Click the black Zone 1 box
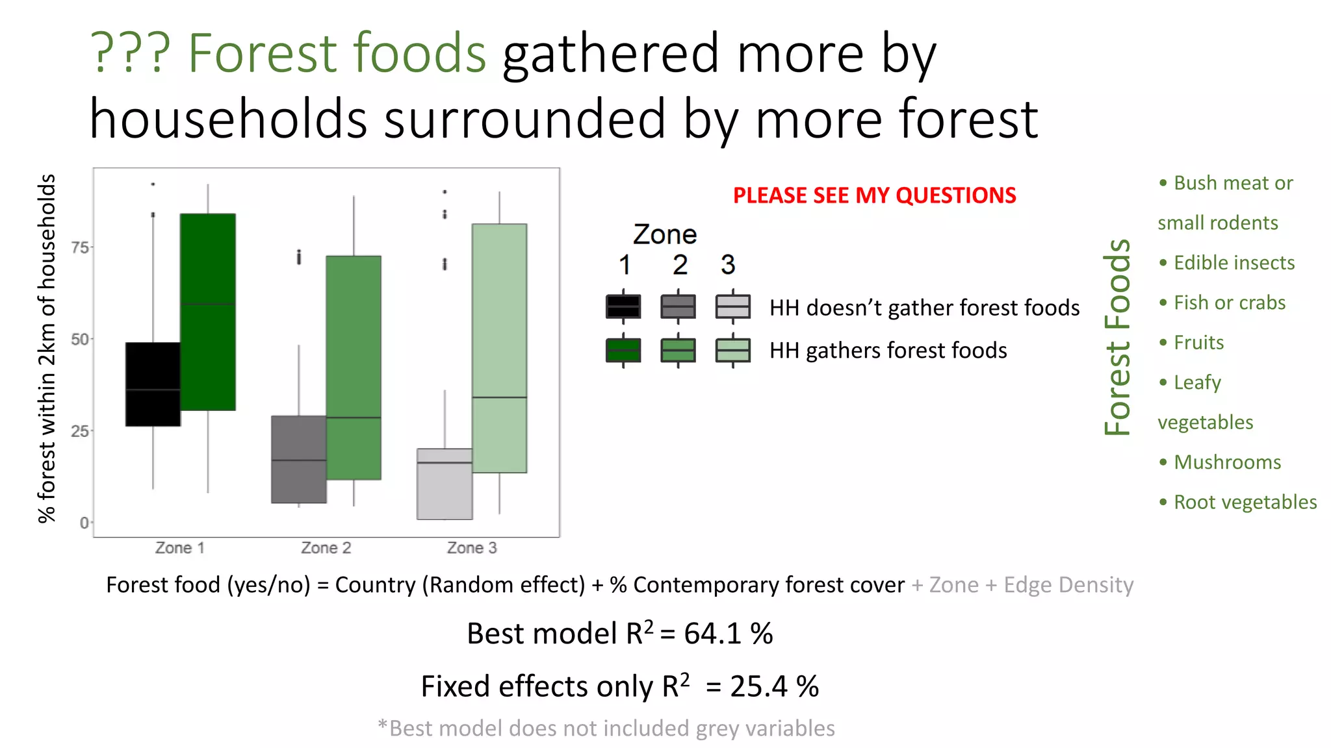coord(153,384)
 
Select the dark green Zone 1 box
coord(207,312)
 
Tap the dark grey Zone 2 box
coord(298,459)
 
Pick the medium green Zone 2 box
coord(354,368)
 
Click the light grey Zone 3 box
coord(445,484)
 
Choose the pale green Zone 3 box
coord(499,348)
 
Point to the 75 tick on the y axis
coord(80,247)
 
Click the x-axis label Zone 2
coord(326,548)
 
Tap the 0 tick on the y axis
coord(84,523)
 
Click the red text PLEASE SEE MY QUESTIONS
coord(874,195)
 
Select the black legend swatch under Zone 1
coord(623,306)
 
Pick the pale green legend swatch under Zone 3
coord(732,350)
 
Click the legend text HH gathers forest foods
coord(888,351)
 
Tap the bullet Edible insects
coord(1234,263)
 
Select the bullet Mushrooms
coord(1227,462)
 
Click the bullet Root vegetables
coord(1245,502)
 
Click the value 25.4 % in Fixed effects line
coord(774,686)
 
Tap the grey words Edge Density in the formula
coord(1068,585)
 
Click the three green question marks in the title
coord(130,53)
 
